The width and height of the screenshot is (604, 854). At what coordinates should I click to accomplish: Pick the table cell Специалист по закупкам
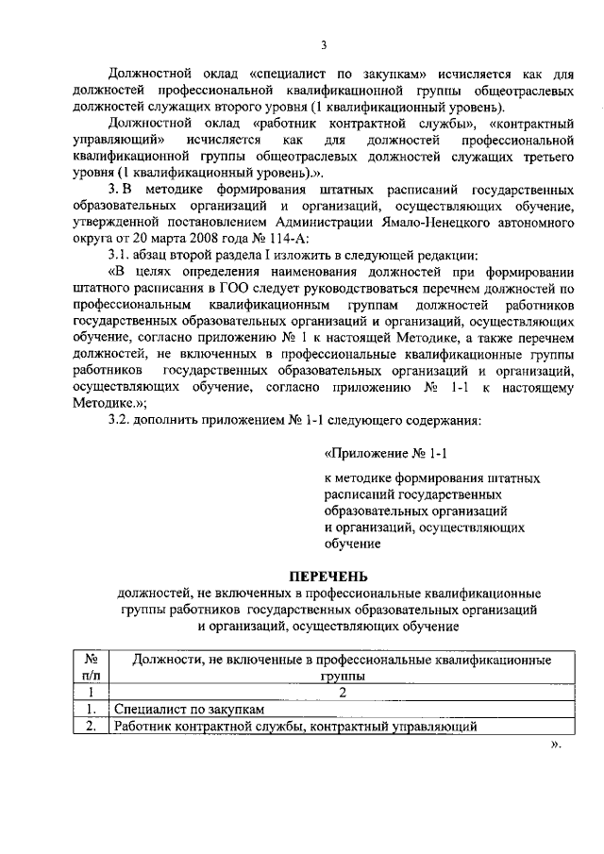click(184, 709)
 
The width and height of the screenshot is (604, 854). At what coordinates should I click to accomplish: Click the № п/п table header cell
click(92, 668)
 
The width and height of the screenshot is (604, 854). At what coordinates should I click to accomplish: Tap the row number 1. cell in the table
click(92, 709)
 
